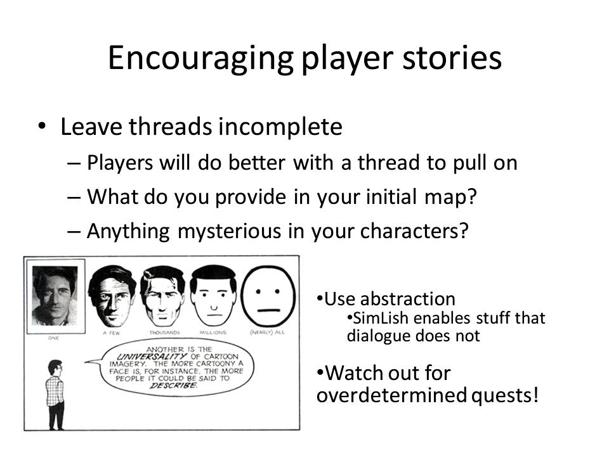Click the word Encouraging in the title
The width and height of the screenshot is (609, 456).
[200, 58]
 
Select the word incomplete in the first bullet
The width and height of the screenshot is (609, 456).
[280, 127]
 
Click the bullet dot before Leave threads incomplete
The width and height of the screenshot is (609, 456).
[42, 127]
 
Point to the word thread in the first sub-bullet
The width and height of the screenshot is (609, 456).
[388, 162]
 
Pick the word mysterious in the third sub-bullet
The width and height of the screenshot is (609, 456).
[230, 232]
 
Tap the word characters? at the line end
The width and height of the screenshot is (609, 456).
[414, 231]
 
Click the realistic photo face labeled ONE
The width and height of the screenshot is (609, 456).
[55, 296]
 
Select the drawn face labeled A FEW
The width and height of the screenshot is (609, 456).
[112, 296]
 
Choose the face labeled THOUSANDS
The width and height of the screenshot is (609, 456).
[163, 296]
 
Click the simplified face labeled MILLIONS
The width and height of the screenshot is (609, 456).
[213, 296]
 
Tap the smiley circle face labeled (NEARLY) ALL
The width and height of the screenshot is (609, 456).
[268, 296]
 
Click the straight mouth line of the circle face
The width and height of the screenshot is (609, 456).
[269, 310]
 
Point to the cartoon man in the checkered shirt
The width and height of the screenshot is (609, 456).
[55, 395]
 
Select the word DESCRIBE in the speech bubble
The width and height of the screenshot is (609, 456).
[173, 386]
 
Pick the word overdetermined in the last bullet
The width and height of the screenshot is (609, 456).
[392, 395]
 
